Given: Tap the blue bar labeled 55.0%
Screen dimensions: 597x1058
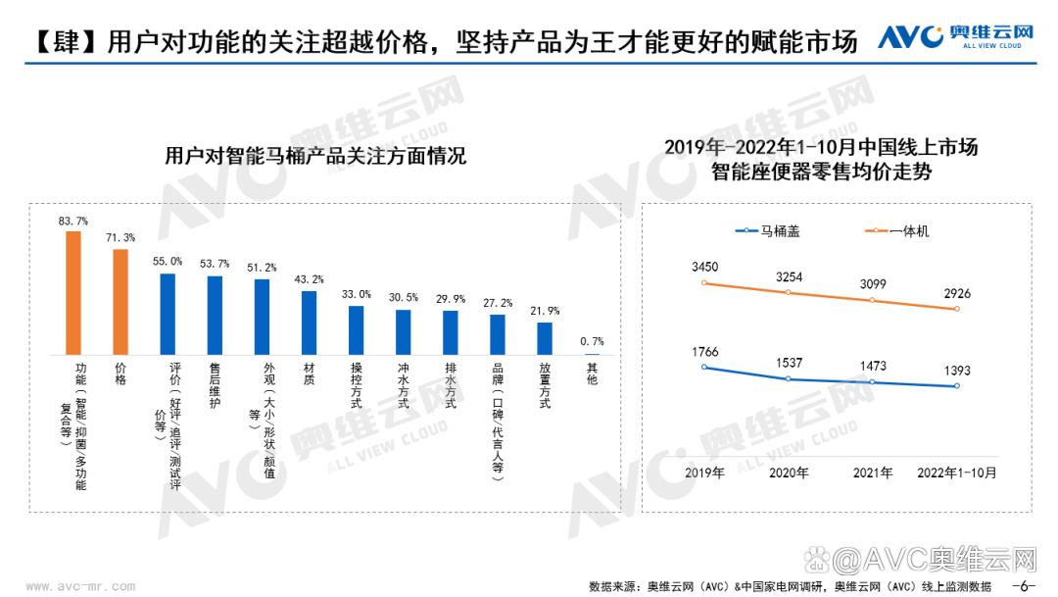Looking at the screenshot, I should [168, 314].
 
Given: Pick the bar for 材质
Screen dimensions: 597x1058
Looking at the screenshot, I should [309, 323].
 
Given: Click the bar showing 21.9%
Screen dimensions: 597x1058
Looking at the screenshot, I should [545, 338].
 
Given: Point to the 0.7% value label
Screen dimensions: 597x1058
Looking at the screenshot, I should [592, 341].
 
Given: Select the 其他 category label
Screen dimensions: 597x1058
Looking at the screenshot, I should [592, 373].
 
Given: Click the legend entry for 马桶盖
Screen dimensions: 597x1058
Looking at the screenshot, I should [772, 231].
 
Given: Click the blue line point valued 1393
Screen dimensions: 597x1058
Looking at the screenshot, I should [957, 386].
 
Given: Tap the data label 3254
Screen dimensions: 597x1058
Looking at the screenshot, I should [790, 277].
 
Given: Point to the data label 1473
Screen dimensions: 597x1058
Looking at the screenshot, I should [873, 366].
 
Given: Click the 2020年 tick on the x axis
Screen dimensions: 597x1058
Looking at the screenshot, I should [789, 473].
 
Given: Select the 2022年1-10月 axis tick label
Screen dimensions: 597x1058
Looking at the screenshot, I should [956, 473].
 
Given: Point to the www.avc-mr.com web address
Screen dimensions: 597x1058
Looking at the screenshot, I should [80, 586].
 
